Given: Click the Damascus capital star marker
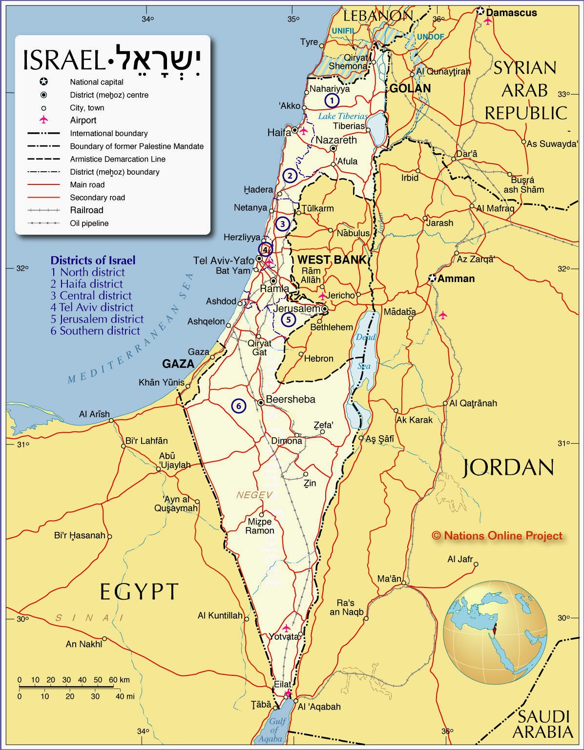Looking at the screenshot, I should pos(480,11).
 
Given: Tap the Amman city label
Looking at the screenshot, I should pos(456,279).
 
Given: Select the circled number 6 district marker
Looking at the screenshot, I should pos(238,405).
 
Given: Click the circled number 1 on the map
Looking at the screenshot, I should pos(332,101).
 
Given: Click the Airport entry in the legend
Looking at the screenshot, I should pos(83,120).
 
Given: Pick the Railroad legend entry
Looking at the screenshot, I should pos(86,210).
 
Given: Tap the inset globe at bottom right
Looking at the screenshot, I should pos(495,632).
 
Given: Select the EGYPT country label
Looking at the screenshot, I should pos(139,591).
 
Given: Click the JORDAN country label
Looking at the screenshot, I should pos(508,467).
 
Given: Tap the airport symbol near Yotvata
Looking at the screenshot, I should pos(286,628).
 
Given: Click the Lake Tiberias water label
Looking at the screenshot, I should pos(343,116).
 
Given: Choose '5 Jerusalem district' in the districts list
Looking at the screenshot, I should pos(97,319).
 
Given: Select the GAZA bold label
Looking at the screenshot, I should pos(178,364).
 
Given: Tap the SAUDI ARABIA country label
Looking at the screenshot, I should pos(542,724).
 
